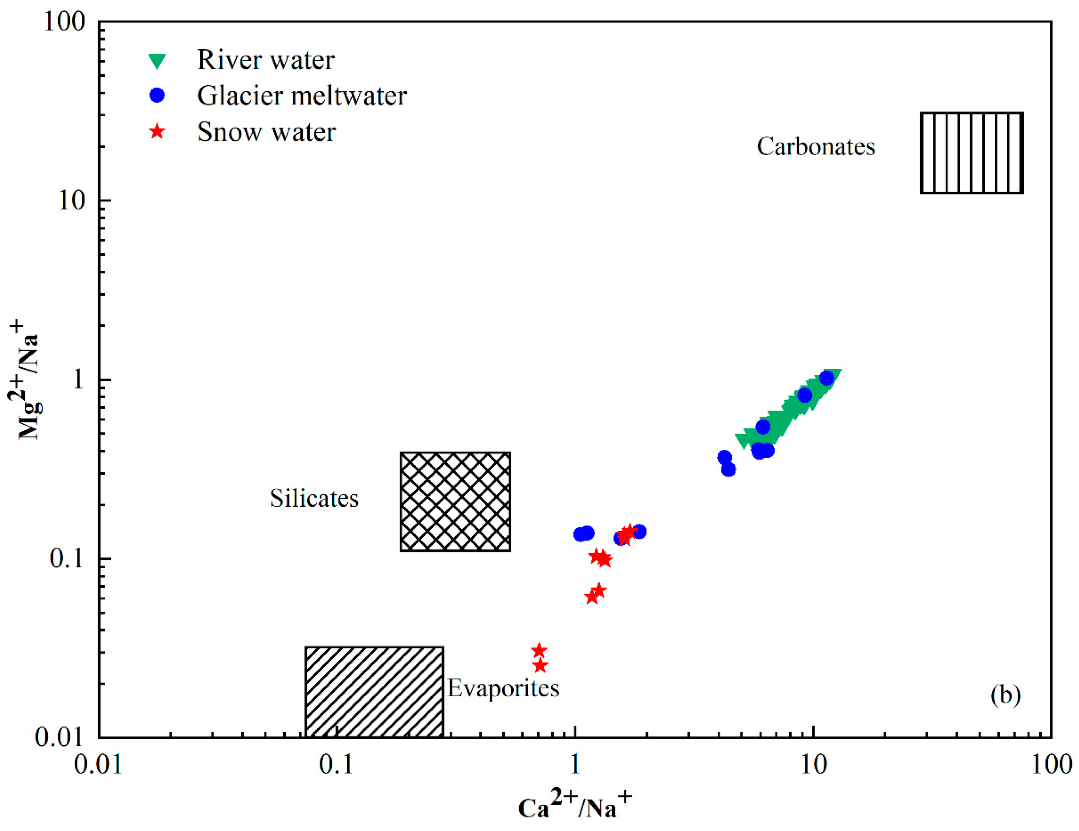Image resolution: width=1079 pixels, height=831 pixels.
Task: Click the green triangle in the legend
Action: pyautogui.click(x=157, y=61)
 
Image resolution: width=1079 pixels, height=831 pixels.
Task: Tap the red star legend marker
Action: pyautogui.click(x=157, y=132)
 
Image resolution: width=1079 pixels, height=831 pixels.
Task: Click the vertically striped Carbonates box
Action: pyautogui.click(x=971, y=153)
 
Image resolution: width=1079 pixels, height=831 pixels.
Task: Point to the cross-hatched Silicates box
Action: pyautogui.click(x=455, y=502)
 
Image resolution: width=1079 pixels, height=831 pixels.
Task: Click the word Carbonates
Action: pyautogui.click(x=816, y=146)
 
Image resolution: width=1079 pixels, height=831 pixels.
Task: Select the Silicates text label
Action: pyautogui.click(x=314, y=498)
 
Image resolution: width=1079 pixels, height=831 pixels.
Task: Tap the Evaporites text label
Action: pyautogui.click(x=503, y=688)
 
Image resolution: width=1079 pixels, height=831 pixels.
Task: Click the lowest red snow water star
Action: pyautogui.click(x=541, y=666)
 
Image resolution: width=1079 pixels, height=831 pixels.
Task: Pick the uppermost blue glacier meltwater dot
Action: pyautogui.click(x=826, y=379)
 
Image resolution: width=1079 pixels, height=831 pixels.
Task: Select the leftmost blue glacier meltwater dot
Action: pyautogui.click(x=580, y=534)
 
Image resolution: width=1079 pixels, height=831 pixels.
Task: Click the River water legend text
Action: pyautogui.click(x=266, y=60)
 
